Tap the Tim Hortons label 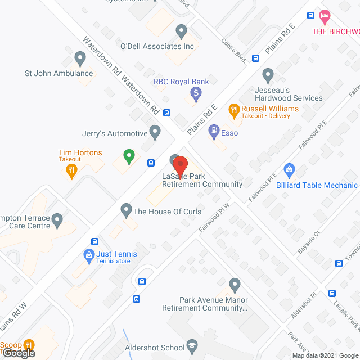click(80, 152)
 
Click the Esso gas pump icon click(214, 133)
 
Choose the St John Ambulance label click(58, 73)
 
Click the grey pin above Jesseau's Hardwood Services click(268, 74)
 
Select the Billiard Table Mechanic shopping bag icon click(290, 169)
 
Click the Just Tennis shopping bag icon click(88, 255)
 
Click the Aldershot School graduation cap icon click(193, 347)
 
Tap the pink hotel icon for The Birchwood click(325, 15)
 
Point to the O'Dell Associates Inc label click(157, 46)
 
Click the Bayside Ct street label click(309, 240)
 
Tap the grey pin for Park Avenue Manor click(235, 285)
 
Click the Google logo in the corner click(19, 353)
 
